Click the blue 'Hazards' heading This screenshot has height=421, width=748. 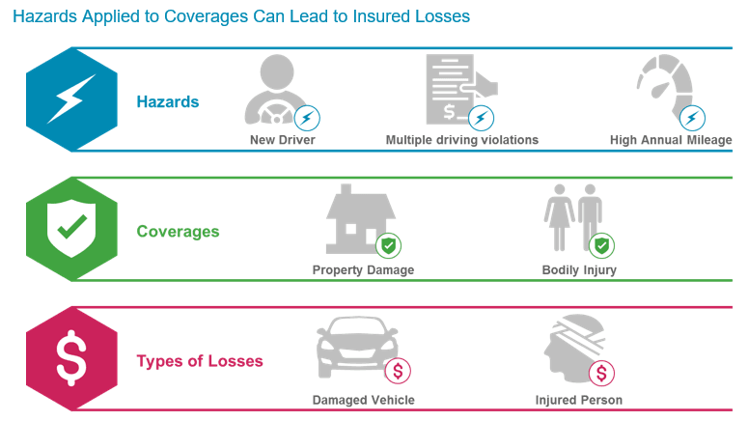click(x=168, y=101)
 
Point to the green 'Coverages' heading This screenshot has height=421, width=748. click(x=178, y=232)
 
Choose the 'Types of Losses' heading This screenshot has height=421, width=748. click(x=200, y=361)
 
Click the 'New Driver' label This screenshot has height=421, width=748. click(x=282, y=140)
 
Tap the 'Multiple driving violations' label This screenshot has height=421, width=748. click(x=462, y=140)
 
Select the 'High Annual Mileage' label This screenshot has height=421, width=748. click(x=671, y=140)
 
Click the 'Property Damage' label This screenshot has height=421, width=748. click(x=363, y=270)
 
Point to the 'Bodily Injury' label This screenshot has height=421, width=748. click(x=579, y=270)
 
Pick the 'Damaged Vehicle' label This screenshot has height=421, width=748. click(x=363, y=400)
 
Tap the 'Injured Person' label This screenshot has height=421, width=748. click(x=579, y=400)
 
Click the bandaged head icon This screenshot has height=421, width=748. click(x=573, y=348)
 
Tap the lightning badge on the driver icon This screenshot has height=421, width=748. click(x=307, y=119)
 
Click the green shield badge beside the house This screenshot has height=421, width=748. click(x=388, y=245)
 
